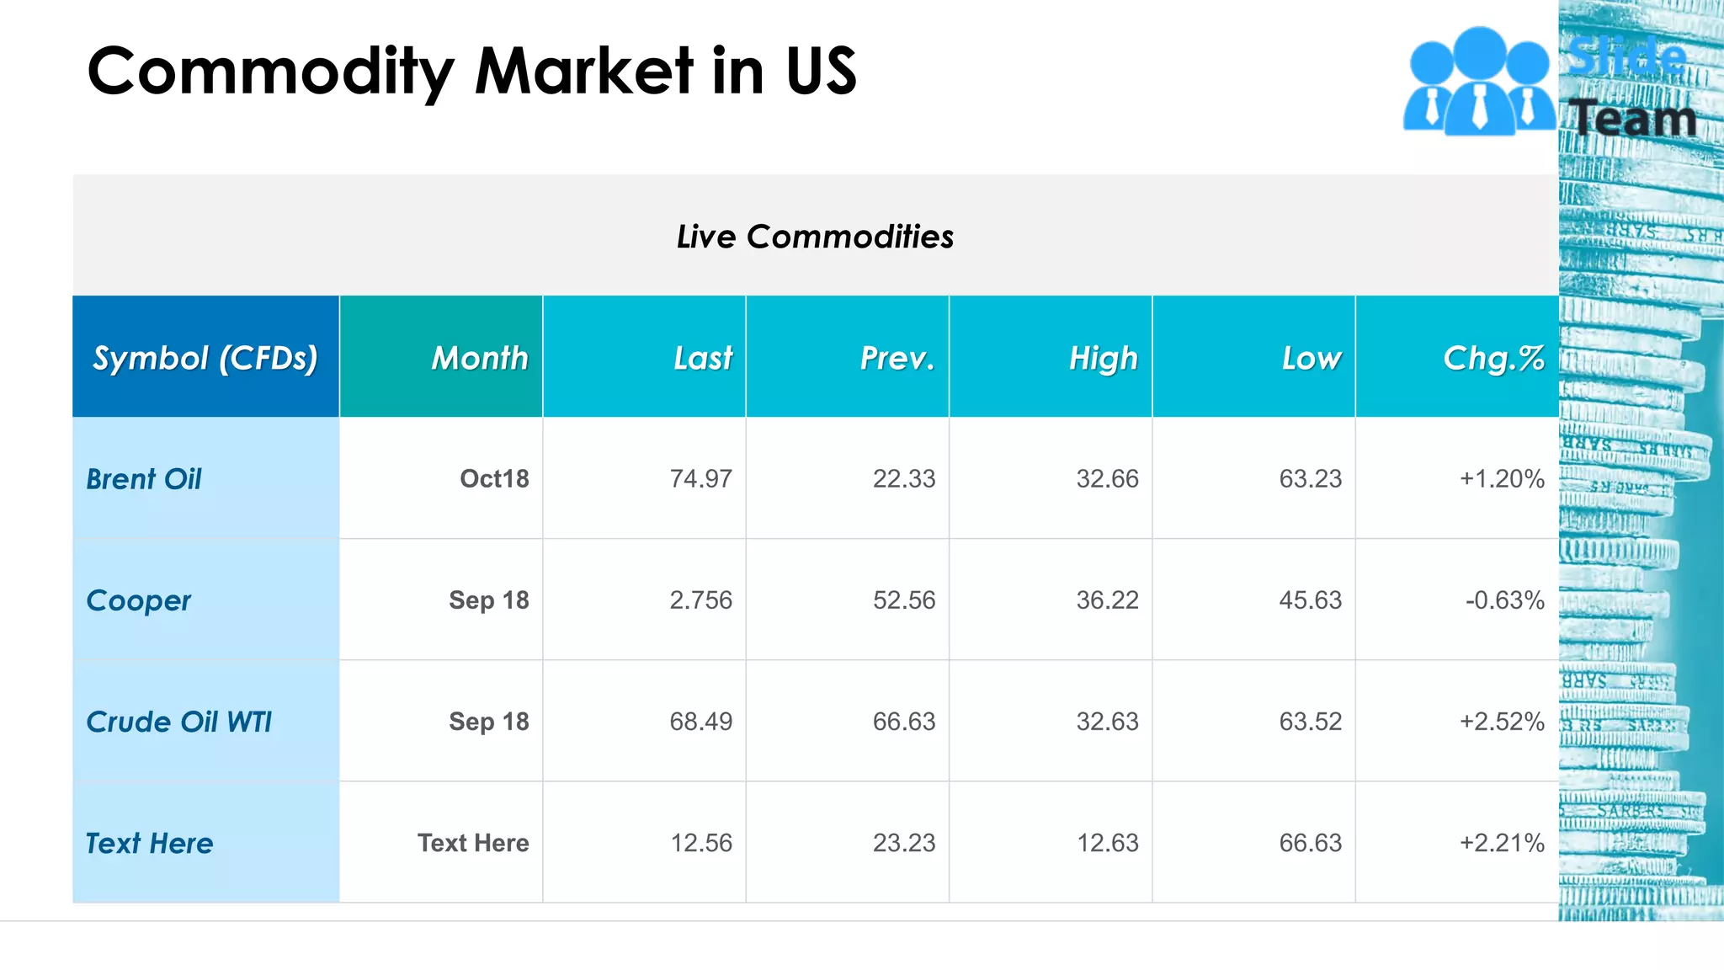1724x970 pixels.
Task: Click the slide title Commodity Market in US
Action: [471, 72]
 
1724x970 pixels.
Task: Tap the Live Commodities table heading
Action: [815, 237]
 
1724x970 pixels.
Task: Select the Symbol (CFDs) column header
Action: [205, 358]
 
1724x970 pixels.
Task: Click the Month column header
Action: [480, 358]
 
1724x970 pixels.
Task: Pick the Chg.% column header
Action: [1493, 358]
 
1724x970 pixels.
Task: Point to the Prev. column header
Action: [897, 358]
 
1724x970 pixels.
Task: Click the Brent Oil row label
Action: [144, 479]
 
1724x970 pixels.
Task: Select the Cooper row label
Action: [139, 600]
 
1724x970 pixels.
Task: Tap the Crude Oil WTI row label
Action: [178, 722]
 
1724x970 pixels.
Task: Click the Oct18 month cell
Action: [494, 479]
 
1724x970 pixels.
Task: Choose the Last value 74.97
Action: [700, 479]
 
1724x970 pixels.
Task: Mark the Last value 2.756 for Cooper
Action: [700, 600]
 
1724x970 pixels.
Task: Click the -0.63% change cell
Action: [1504, 600]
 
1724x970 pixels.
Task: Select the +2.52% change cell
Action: [1502, 722]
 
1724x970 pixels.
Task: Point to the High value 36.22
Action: [1107, 600]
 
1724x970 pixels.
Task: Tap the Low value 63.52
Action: [1310, 722]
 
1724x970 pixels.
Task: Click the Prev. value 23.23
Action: [903, 843]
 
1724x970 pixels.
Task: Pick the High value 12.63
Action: [1107, 843]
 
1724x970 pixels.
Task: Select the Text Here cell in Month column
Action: [473, 843]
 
